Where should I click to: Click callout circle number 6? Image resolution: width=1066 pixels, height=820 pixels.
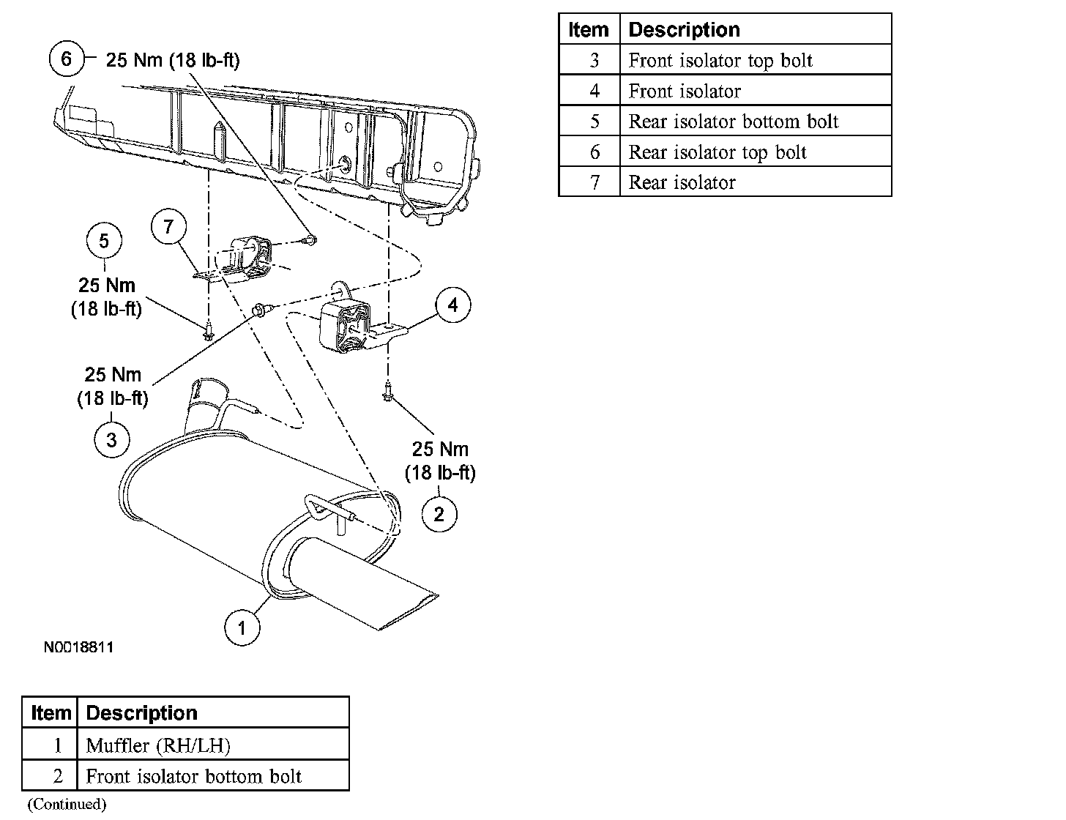pyautogui.click(x=66, y=59)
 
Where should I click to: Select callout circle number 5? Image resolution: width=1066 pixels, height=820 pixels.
pyautogui.click(x=104, y=241)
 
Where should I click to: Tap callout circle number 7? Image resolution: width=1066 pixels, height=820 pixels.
pyautogui.click(x=169, y=227)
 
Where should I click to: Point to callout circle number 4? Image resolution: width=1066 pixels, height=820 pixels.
pyautogui.click(x=453, y=305)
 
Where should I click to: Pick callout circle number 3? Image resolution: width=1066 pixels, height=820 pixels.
pyautogui.click(x=111, y=439)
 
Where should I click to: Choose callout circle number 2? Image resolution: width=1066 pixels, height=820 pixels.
pyautogui.click(x=439, y=514)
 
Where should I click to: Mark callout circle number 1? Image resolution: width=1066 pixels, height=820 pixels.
pyautogui.click(x=242, y=627)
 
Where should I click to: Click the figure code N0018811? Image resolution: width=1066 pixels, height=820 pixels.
pyautogui.click(x=78, y=647)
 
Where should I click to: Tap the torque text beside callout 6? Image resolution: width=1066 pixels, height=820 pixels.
pyautogui.click(x=173, y=60)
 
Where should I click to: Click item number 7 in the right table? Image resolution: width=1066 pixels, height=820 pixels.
pyautogui.click(x=594, y=182)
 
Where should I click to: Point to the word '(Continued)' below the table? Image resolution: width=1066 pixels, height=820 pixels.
pyautogui.click(x=67, y=805)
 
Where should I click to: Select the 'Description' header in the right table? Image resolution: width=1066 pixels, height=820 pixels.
pyautogui.click(x=684, y=29)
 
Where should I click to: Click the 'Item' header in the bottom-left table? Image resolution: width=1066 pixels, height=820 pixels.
pyautogui.click(x=51, y=713)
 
